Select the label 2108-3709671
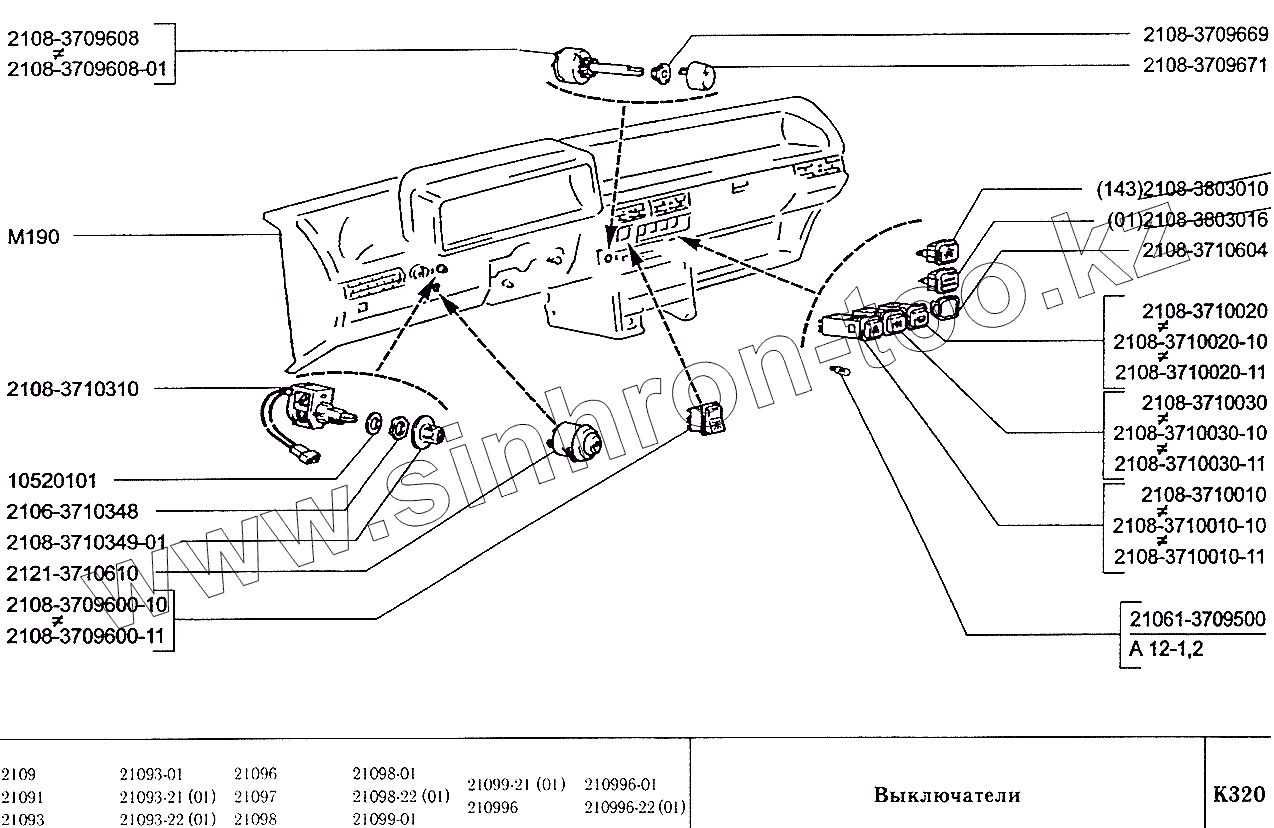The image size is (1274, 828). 1205,64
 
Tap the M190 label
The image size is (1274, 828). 33,237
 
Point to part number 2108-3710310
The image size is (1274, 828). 72,389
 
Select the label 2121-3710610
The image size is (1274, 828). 72,573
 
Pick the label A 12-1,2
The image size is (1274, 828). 1165,649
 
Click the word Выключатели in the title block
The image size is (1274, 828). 947,795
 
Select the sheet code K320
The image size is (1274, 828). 1239,795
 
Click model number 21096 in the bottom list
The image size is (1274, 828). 255,773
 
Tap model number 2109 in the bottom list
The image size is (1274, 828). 18,773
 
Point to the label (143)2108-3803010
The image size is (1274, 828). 1182,189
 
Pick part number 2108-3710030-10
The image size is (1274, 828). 1190,433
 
